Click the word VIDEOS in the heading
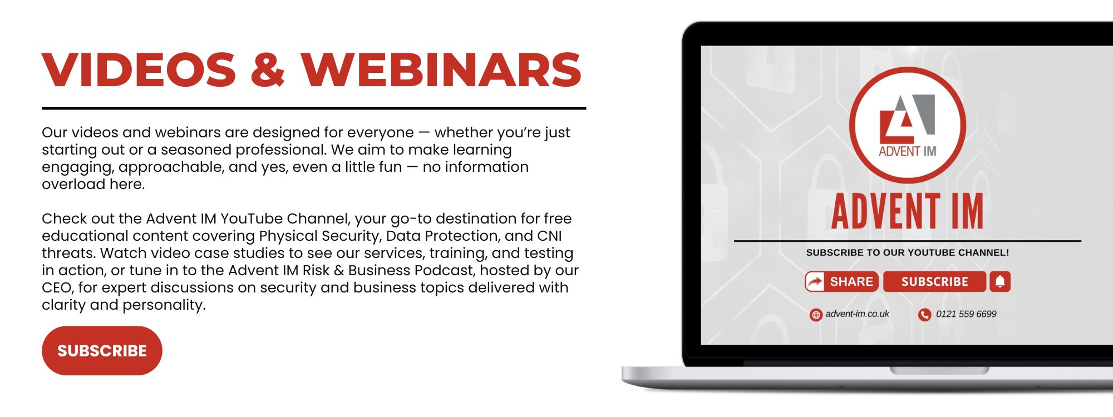point(139,70)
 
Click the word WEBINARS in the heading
point(441,70)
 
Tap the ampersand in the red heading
point(268,70)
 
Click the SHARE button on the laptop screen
point(841,282)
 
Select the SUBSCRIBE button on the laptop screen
point(935,282)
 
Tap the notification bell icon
point(1000,282)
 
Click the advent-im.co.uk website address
point(857,314)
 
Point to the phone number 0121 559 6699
point(966,314)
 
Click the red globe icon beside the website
point(816,315)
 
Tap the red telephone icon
point(924,315)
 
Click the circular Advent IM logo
point(908,125)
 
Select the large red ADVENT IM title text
point(908,211)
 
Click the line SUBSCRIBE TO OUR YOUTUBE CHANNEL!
point(908,252)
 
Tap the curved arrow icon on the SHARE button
point(815,282)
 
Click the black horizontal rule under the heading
point(314,108)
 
